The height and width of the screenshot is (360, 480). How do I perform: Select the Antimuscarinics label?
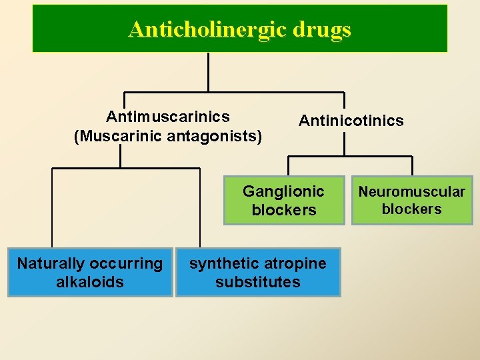click(168, 117)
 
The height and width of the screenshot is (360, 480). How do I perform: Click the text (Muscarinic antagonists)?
click(168, 136)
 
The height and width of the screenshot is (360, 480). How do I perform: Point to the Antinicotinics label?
click(351, 121)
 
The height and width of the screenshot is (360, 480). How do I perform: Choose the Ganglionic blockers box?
click(284, 201)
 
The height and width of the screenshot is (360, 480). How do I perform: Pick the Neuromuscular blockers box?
click(412, 201)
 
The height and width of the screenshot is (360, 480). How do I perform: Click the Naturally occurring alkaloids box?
click(90, 272)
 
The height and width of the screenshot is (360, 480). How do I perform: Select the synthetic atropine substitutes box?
click(258, 272)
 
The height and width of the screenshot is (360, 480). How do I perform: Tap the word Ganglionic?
click(283, 192)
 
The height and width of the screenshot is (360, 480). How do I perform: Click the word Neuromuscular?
click(412, 192)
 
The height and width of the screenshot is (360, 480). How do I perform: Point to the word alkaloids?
click(90, 282)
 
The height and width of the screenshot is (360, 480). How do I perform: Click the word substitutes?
click(258, 282)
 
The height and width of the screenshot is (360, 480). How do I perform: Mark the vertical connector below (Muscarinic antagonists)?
click(120, 156)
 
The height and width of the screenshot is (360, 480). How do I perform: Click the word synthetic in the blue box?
click(221, 263)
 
